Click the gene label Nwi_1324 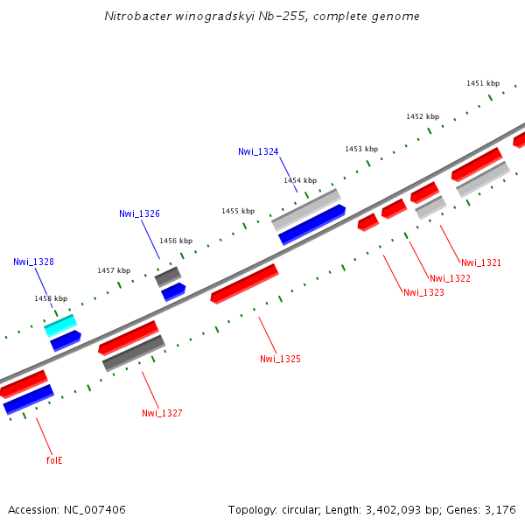click(x=258, y=151)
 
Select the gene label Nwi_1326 click(x=139, y=213)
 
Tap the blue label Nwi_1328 click(x=33, y=262)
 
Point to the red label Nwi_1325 click(x=280, y=359)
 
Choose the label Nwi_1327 click(x=162, y=413)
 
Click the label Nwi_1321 click(x=481, y=262)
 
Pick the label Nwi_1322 click(x=450, y=278)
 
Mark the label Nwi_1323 click(x=423, y=292)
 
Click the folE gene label click(x=54, y=459)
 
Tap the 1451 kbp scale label click(x=483, y=83)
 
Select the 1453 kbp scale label click(x=361, y=149)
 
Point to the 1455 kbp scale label click(x=238, y=211)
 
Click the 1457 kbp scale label click(x=114, y=270)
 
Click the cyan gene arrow click(x=60, y=325)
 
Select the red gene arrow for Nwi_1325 click(x=244, y=283)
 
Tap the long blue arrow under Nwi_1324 click(x=311, y=225)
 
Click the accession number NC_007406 click(x=91, y=509)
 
